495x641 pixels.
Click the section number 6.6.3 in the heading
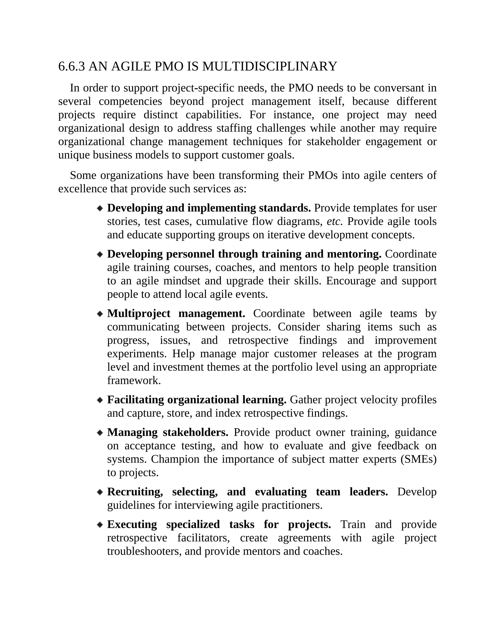coord(72,67)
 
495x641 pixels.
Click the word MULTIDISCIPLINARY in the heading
coord(269,67)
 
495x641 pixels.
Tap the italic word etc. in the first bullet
coord(334,222)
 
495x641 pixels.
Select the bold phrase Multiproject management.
coord(176,314)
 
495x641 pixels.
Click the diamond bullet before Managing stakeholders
coord(100,433)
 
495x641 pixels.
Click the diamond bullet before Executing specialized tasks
coord(100,524)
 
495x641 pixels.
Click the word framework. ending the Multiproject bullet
coord(134,381)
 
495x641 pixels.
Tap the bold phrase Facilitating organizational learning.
coord(197,400)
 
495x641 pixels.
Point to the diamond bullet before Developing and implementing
coord(100,208)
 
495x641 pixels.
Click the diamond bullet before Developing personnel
coord(100,254)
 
